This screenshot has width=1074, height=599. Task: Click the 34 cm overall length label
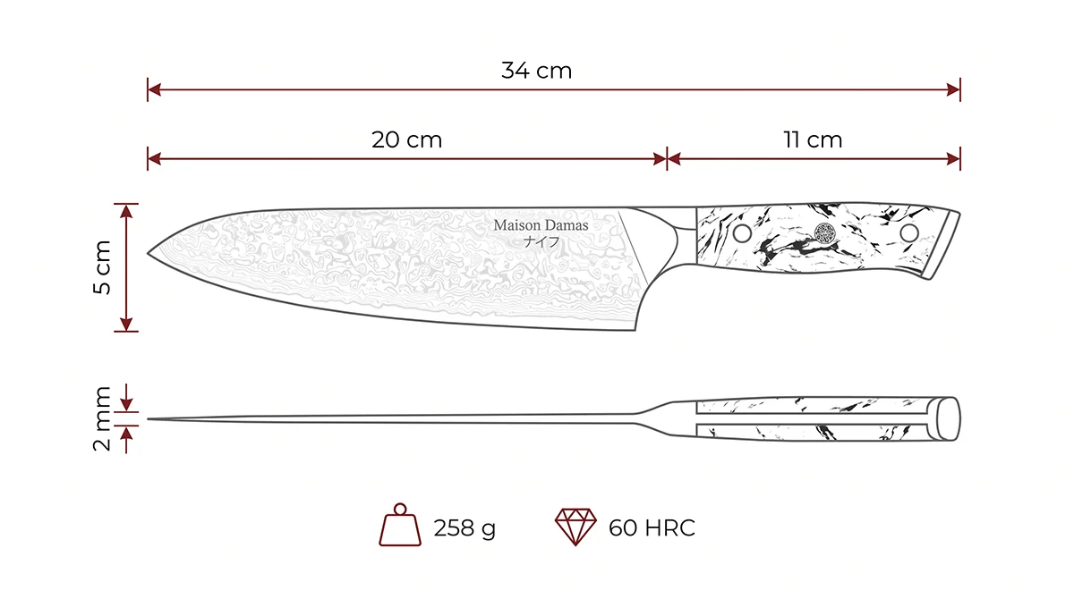[536, 71]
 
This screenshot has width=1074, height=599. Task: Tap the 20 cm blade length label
[406, 139]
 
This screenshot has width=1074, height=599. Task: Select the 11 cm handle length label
[813, 139]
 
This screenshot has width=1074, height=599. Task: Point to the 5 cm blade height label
[102, 267]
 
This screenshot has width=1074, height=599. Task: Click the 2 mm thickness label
[102, 418]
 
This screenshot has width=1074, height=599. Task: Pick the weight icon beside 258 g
[400, 524]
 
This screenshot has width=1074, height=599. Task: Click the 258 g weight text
[465, 528]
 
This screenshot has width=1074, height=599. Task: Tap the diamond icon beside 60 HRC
[575, 527]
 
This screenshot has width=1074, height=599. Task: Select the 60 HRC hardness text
[652, 527]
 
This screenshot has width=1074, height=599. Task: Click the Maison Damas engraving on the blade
[541, 225]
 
